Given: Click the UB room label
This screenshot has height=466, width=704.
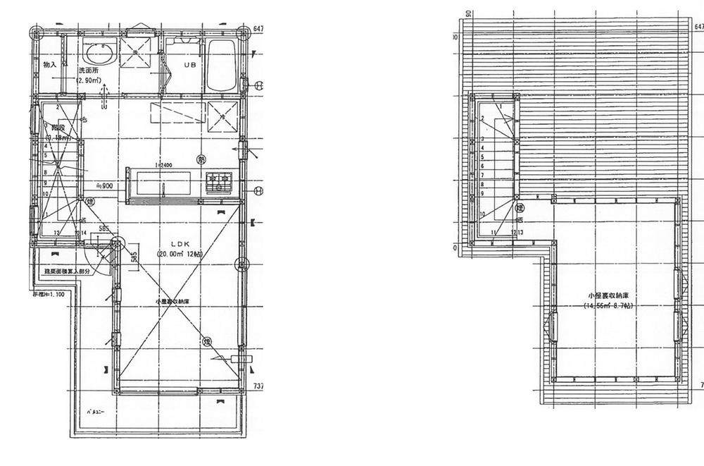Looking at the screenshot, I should (190, 65).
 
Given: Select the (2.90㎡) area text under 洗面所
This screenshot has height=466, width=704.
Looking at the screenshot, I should (90, 80).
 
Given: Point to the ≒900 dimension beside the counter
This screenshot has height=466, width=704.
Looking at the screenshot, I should (104, 186).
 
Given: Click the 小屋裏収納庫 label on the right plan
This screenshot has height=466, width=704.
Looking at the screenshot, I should (608, 296).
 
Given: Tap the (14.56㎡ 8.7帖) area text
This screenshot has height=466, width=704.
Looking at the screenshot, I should (608, 306).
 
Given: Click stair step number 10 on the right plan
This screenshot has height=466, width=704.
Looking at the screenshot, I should (483, 214).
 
